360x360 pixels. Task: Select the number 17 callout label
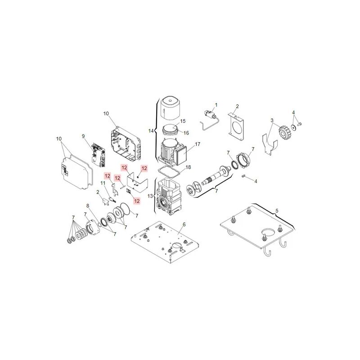(197, 144)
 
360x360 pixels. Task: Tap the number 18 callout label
(189, 167)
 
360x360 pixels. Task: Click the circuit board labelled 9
(99, 154)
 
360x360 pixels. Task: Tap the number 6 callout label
(184, 224)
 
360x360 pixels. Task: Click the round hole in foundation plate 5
(266, 233)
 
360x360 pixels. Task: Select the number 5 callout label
(277, 210)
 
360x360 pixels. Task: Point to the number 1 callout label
(216, 104)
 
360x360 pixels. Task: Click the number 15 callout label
(183, 121)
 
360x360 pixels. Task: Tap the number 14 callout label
(151, 130)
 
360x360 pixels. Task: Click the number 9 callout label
(83, 135)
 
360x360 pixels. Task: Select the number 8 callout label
(88, 206)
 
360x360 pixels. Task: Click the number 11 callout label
(102, 183)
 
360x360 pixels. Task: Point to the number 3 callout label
(272, 120)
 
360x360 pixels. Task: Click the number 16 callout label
(187, 133)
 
